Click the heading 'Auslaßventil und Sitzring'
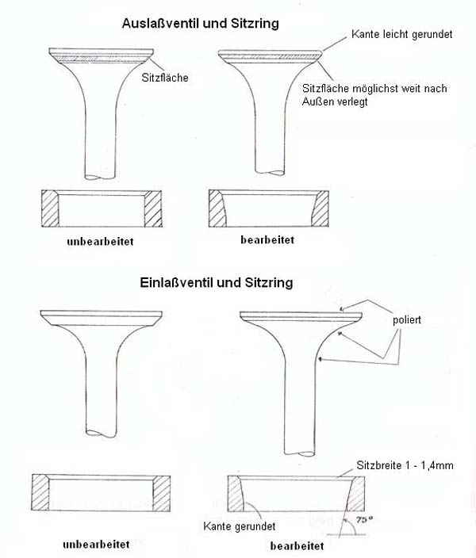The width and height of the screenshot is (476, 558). [200, 24]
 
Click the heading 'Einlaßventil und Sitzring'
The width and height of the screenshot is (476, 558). [217, 282]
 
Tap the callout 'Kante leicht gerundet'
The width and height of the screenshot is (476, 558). [402, 34]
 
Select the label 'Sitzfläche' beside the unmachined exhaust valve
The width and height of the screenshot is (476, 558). [165, 78]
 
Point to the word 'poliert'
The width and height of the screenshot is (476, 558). [407, 320]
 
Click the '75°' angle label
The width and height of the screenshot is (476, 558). [364, 520]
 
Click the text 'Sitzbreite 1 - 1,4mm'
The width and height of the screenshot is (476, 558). [405, 465]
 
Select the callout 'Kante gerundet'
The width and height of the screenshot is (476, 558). [240, 526]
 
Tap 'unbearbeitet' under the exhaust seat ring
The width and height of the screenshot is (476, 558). [100, 242]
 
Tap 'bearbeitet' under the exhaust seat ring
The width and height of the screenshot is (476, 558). [267, 240]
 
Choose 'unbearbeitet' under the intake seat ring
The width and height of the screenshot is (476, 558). [96, 545]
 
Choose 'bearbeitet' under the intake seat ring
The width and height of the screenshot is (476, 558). [297, 546]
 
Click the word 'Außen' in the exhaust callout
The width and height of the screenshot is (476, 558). [315, 101]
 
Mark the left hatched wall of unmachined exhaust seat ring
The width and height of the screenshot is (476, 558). [50, 208]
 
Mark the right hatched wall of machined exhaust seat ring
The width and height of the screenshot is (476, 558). [321, 208]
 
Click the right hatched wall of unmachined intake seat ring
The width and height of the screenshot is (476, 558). [161, 493]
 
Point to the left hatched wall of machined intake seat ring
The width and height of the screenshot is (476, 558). [236, 494]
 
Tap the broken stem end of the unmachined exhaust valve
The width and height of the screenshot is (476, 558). [101, 176]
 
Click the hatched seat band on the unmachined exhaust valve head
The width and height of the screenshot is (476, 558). [101, 59]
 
